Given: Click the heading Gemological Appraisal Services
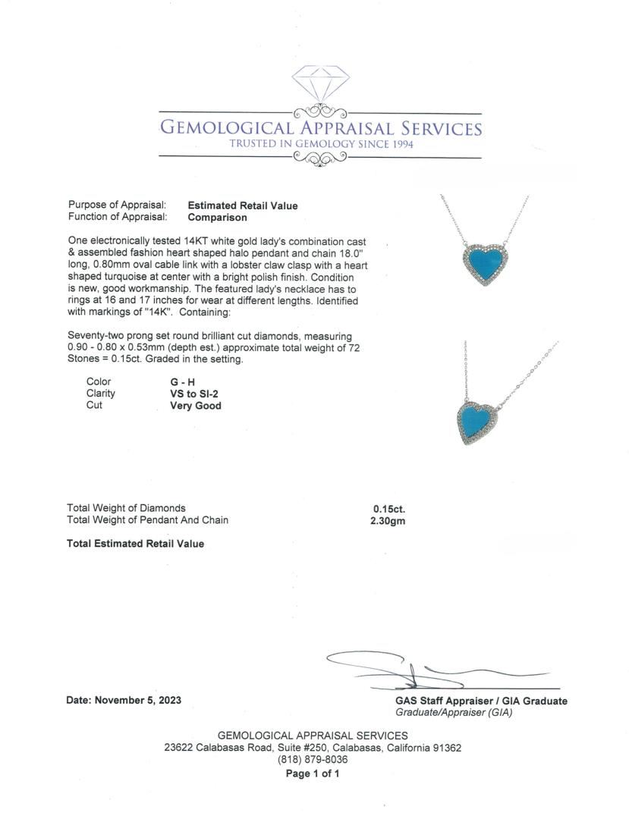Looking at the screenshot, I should point(320,128).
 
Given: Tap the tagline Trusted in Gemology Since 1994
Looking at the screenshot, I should point(321,144).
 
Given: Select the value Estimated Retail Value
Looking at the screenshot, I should point(243,206).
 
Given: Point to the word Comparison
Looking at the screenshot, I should point(217,218).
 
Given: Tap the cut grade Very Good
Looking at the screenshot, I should point(196,406).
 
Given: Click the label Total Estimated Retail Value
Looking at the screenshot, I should point(135,544).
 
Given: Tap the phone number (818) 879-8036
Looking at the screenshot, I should point(313,760).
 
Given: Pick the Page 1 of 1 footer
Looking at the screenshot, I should point(313,774).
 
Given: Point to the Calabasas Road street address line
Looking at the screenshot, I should point(313,748).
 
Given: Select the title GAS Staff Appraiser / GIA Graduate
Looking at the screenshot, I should point(481,701).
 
